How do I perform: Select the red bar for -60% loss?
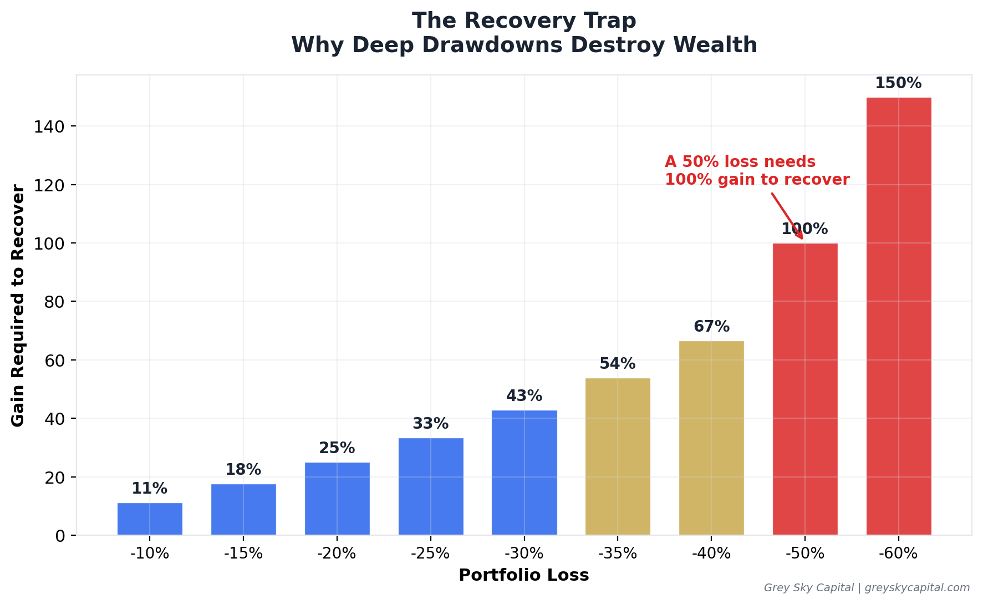pyautogui.click(x=898, y=316)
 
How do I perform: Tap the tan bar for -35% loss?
pyautogui.click(x=618, y=456)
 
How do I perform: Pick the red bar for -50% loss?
pyautogui.click(x=804, y=389)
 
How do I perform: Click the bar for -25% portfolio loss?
pyautogui.click(x=431, y=486)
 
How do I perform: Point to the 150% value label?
pyautogui.click(x=898, y=84)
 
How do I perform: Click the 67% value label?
pyautogui.click(x=711, y=327)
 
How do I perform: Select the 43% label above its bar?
pyautogui.click(x=524, y=396)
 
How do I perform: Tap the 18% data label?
pyautogui.click(x=243, y=470)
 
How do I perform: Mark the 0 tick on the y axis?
pyautogui.click(x=60, y=536)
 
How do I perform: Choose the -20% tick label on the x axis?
pyautogui.click(x=337, y=554)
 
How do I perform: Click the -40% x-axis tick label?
pyautogui.click(x=711, y=554)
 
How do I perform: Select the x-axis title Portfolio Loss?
pyautogui.click(x=523, y=575)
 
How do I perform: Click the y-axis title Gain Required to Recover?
pyautogui.click(x=18, y=306)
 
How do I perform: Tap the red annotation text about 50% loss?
pyautogui.click(x=756, y=171)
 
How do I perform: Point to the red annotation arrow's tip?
pyautogui.click(x=802, y=239)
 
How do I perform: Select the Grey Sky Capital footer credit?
pyautogui.click(x=867, y=588)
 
